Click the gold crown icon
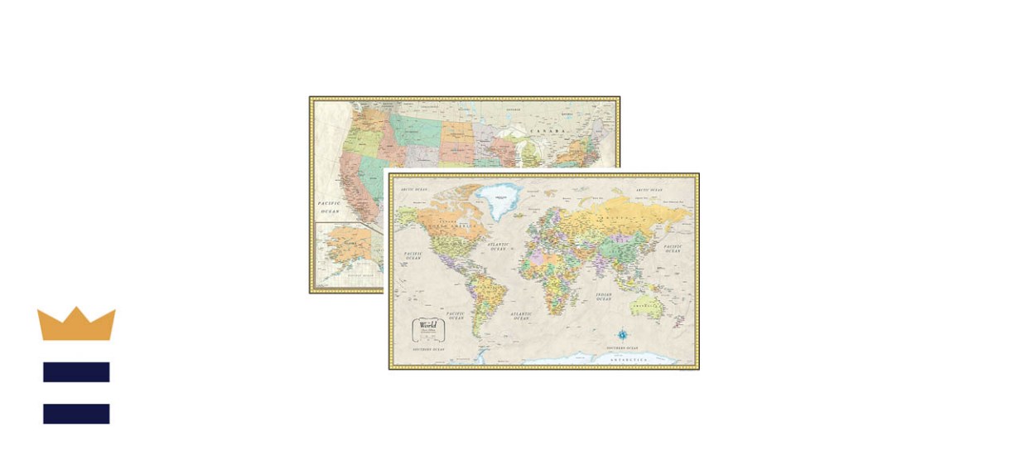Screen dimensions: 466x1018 coord(76,324)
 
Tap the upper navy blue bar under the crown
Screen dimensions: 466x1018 coord(76,372)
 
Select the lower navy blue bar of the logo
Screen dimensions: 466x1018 coord(76,414)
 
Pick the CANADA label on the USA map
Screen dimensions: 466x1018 coord(548,131)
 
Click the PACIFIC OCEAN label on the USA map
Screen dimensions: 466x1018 coord(330,206)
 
